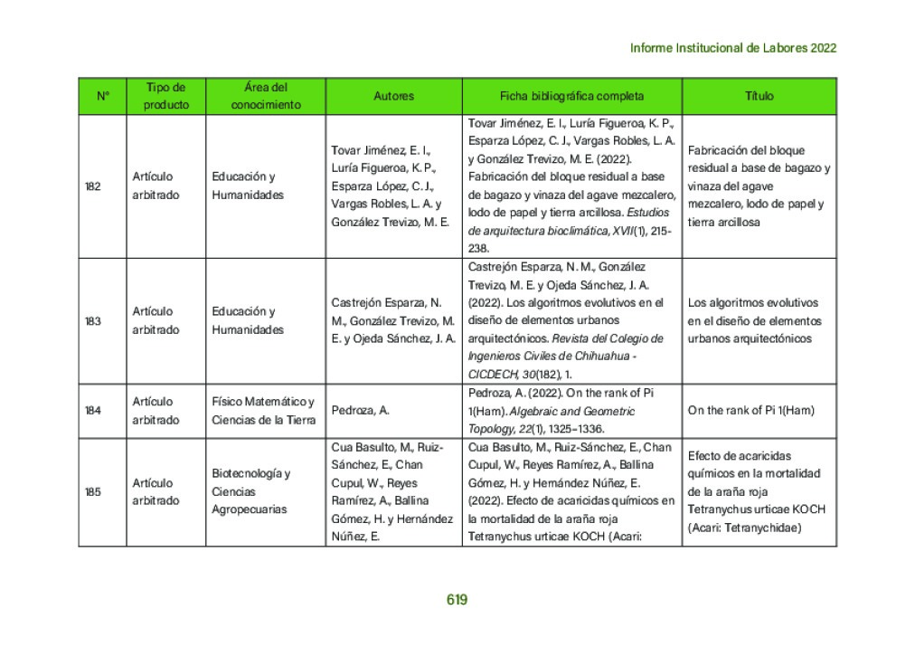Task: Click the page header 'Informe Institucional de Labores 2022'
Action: click(x=732, y=48)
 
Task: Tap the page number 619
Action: click(x=457, y=599)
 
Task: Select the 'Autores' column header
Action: click(x=393, y=96)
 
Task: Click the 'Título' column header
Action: click(x=759, y=96)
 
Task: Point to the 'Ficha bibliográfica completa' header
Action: click(x=571, y=96)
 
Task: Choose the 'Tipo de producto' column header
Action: click(x=166, y=96)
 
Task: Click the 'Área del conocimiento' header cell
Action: click(x=266, y=96)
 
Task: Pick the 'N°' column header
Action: click(x=102, y=96)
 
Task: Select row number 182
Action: click(x=93, y=186)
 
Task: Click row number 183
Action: click(x=93, y=321)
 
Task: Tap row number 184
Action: click(x=93, y=411)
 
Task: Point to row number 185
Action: click(x=93, y=492)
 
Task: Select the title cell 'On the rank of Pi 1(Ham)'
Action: click(x=750, y=411)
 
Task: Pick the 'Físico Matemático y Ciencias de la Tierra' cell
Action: click(x=263, y=411)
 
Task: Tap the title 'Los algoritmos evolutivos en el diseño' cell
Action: click(x=754, y=321)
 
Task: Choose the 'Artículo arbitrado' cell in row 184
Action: click(x=156, y=411)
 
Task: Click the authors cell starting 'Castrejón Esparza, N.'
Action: click(x=392, y=321)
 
